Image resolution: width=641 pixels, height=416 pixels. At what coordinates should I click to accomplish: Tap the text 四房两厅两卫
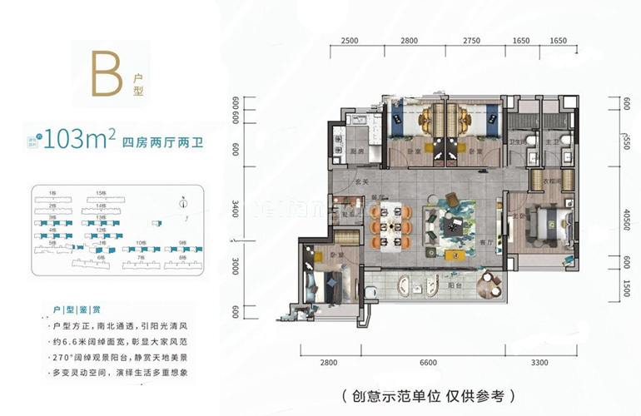tap(163, 141)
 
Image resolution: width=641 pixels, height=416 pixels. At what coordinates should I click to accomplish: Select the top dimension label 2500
tap(350, 40)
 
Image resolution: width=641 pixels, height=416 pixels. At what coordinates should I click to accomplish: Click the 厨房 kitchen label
tap(356, 151)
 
